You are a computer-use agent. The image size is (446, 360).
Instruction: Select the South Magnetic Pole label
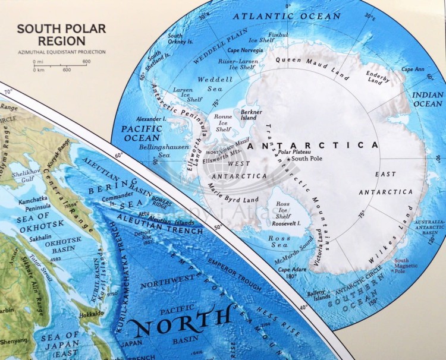[402, 266]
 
